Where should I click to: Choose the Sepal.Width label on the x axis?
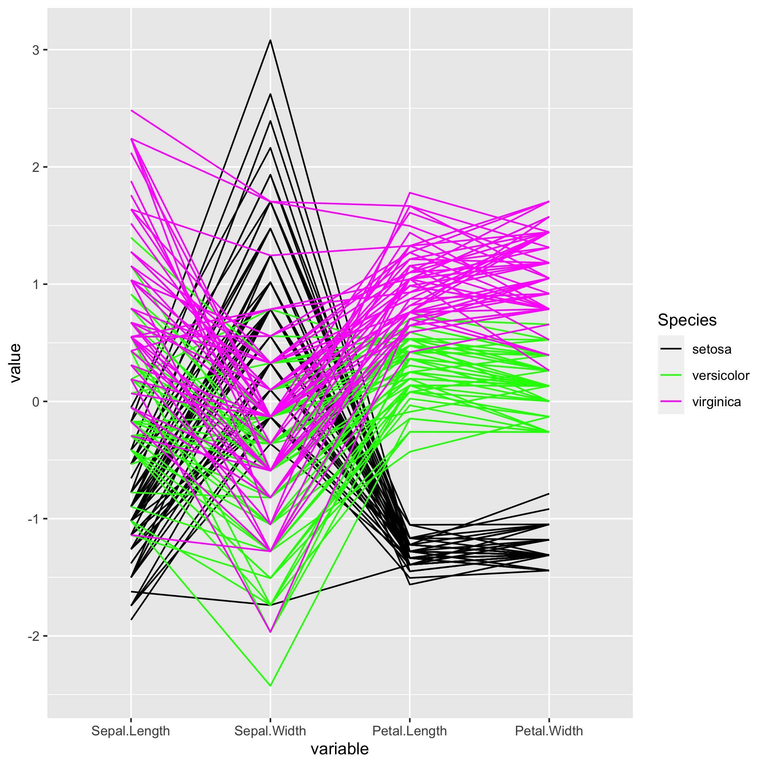coord(270,731)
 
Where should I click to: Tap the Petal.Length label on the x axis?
coord(409,731)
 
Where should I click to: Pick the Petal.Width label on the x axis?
coord(549,731)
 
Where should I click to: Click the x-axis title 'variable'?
coord(339,749)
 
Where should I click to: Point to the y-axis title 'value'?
coord(15,363)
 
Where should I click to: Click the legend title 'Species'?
coord(687,320)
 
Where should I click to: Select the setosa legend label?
coord(712,349)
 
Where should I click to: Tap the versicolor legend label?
coord(720,376)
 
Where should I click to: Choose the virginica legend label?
coord(716,402)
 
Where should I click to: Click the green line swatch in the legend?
coord(671,376)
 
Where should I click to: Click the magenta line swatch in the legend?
coord(671,402)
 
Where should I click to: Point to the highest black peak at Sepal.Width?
coord(270,40)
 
